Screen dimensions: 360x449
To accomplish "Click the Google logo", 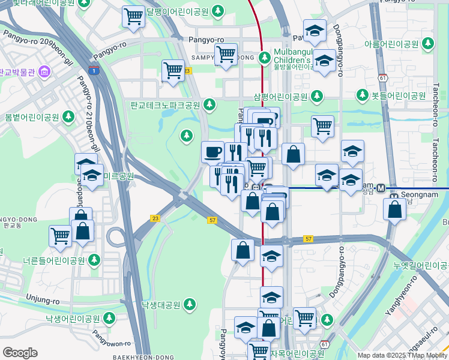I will [20, 353].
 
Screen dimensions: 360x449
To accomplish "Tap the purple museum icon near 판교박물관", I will [43, 73].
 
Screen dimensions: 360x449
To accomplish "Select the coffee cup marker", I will [212, 152].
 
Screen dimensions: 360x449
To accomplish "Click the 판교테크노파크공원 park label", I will [164, 105].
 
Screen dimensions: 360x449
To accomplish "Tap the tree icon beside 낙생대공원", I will [190, 304].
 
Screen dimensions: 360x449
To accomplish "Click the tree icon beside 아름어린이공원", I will [428, 44].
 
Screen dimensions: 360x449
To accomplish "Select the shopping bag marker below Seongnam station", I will [394, 210].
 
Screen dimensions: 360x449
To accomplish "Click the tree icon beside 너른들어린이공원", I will [94, 260].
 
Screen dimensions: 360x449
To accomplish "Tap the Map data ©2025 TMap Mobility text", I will [402, 355].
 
